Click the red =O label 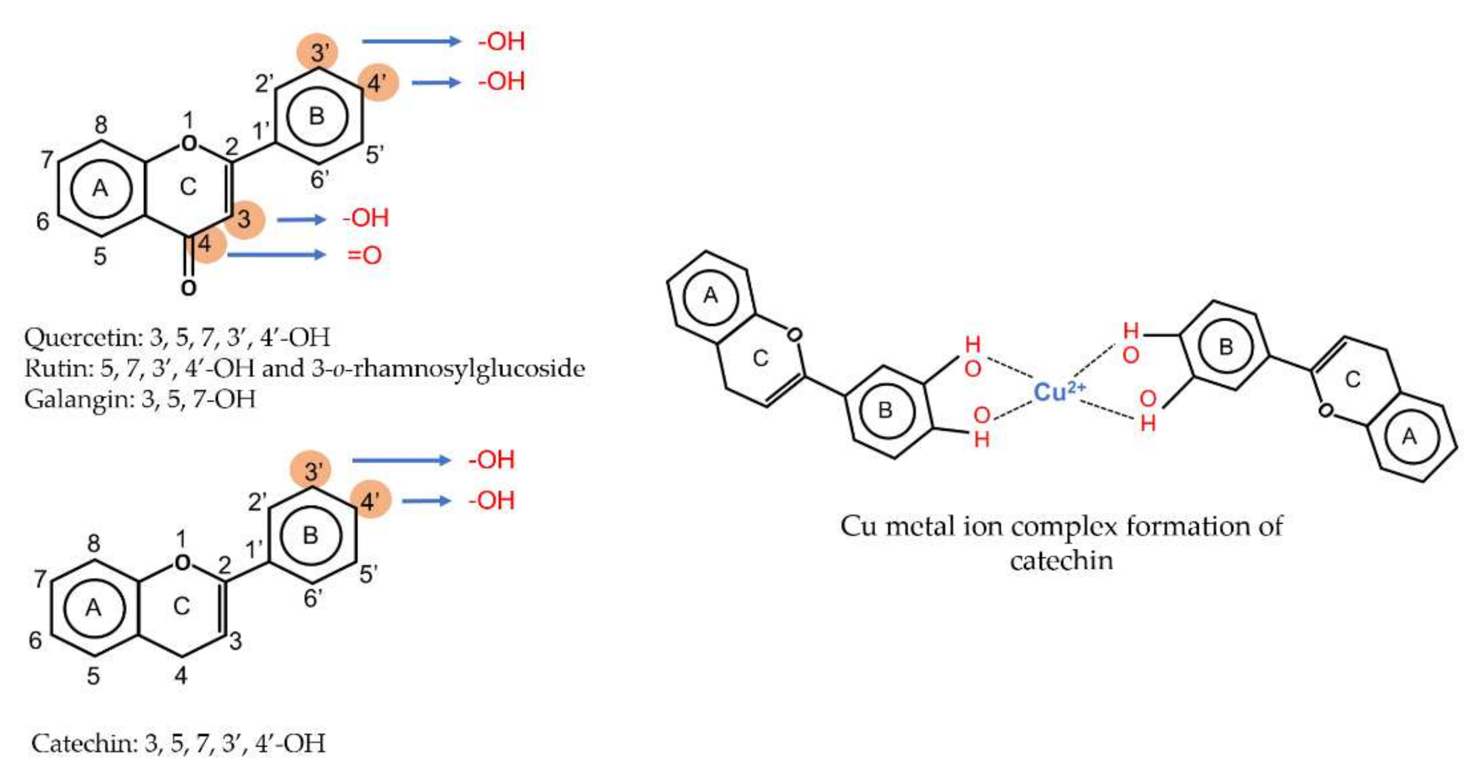[x=365, y=255]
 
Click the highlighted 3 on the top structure [x=245, y=219]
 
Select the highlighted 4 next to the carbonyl [x=205, y=244]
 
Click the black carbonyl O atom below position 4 [x=188, y=287]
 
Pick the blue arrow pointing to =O [x=276, y=255]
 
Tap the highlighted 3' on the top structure [x=318, y=53]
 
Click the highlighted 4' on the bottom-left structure [x=369, y=501]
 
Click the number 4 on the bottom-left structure [x=181, y=675]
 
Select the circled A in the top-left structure [x=101, y=188]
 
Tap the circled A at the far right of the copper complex [x=1409, y=437]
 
